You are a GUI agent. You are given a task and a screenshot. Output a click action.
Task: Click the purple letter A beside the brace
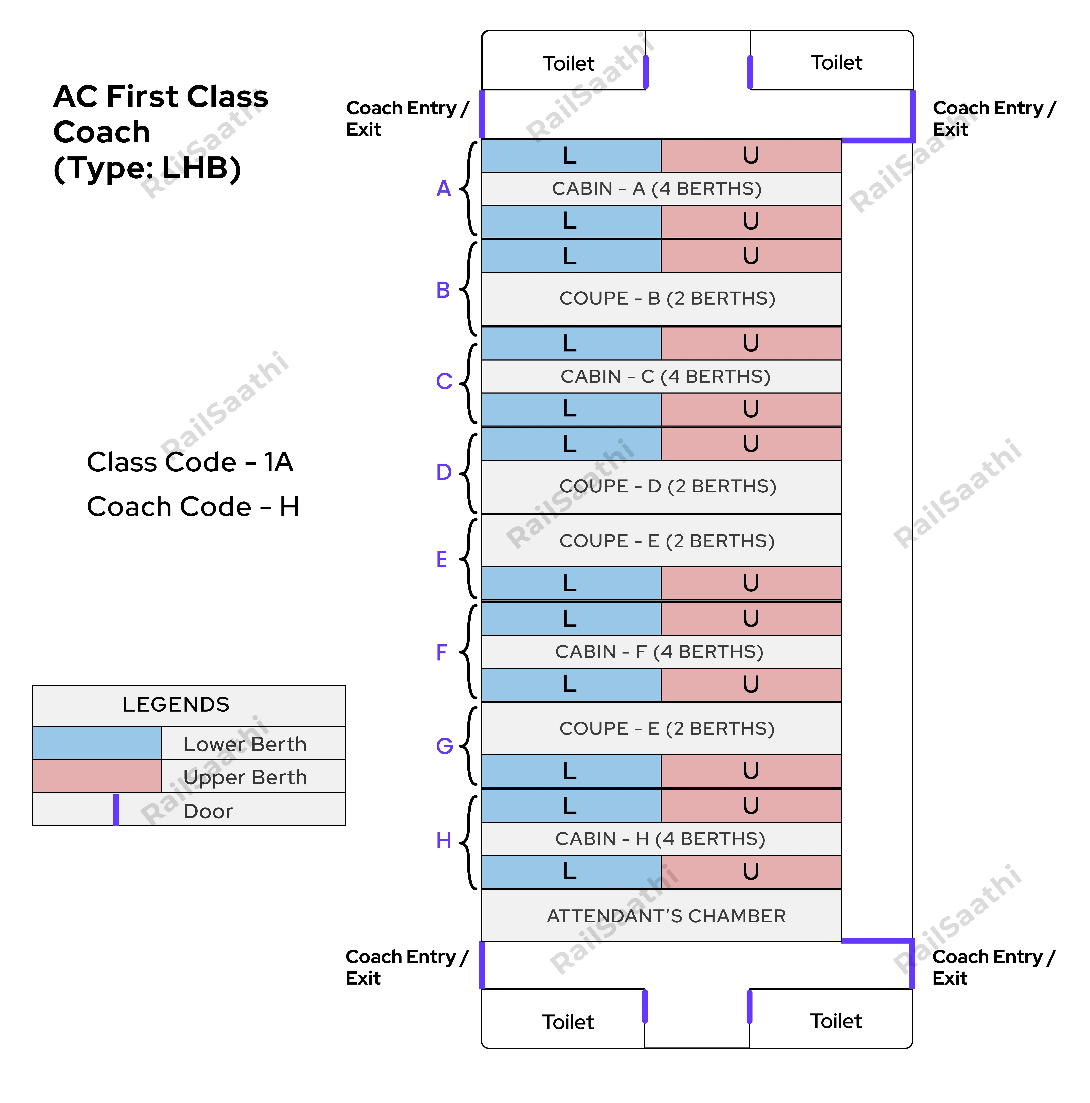(x=443, y=188)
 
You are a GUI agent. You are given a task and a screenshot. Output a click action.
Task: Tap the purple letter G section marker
(x=444, y=746)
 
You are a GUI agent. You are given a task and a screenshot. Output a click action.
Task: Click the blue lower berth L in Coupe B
(x=570, y=256)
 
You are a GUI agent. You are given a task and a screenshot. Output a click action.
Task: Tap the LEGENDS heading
(x=176, y=704)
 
